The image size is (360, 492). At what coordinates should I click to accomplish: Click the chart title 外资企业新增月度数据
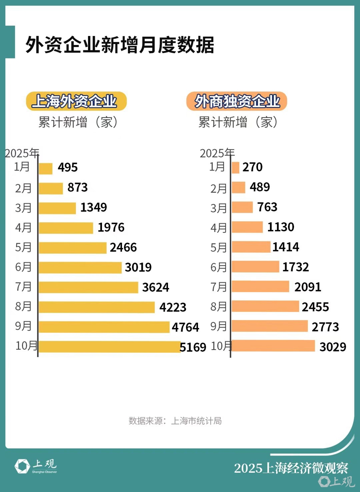[120, 45]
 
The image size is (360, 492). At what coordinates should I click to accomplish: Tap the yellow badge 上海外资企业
[76, 101]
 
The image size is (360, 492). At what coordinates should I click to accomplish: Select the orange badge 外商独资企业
[237, 101]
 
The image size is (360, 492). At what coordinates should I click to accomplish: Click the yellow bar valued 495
[46, 168]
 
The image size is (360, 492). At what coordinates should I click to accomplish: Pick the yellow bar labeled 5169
[109, 347]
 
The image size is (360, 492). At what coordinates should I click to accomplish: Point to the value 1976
[111, 228]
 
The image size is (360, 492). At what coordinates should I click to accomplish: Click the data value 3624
[156, 287]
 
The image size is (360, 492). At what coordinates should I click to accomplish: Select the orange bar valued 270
[236, 168]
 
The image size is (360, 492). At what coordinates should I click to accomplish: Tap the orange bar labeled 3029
[273, 346]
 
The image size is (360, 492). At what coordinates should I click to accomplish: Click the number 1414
[286, 247]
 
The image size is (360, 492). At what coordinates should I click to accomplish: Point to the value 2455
[315, 307]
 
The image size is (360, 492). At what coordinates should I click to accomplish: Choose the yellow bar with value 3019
[80, 268]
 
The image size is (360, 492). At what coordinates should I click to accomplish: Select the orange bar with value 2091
[260, 287]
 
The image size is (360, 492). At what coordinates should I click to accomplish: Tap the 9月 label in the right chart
[219, 326]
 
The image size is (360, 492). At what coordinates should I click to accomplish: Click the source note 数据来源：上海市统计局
[175, 421]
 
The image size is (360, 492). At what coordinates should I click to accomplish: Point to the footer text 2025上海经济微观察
[291, 468]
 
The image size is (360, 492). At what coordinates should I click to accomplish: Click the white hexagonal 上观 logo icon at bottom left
[22, 466]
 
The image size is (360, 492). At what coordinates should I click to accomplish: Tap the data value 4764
[185, 327]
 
